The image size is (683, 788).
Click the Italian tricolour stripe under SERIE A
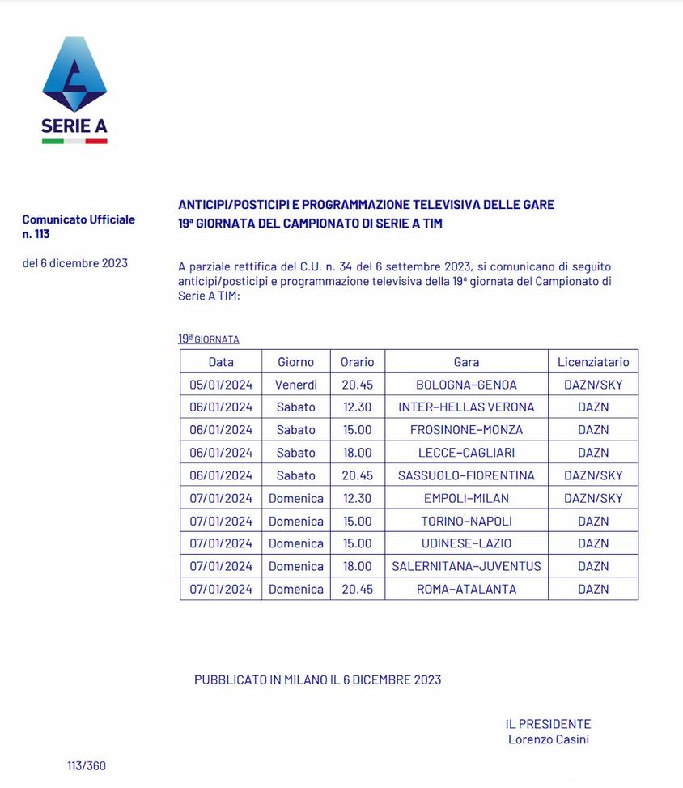coord(74,141)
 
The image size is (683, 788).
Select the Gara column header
coord(466,362)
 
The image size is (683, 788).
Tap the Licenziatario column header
coord(593,362)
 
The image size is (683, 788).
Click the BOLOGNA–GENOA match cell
coord(466,385)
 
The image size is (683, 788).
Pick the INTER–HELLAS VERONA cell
coord(466,407)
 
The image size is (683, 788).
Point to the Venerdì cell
coord(295,385)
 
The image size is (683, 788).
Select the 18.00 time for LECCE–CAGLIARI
coord(357,453)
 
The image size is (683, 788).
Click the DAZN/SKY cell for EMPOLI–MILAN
coord(593,498)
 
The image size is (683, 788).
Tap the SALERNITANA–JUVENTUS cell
coord(466,566)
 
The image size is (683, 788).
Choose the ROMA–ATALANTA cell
coord(466,589)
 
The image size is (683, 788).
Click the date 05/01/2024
coord(221,385)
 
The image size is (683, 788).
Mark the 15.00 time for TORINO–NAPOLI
coord(357,521)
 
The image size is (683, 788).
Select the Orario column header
coord(357,362)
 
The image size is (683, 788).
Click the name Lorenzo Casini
coord(548,739)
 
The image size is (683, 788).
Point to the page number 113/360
coord(87,765)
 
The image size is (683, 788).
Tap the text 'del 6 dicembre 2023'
coord(74,263)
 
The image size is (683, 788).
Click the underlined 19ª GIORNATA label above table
coord(209,339)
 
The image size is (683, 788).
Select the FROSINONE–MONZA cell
coord(466,430)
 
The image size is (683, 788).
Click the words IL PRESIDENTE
coord(548,724)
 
